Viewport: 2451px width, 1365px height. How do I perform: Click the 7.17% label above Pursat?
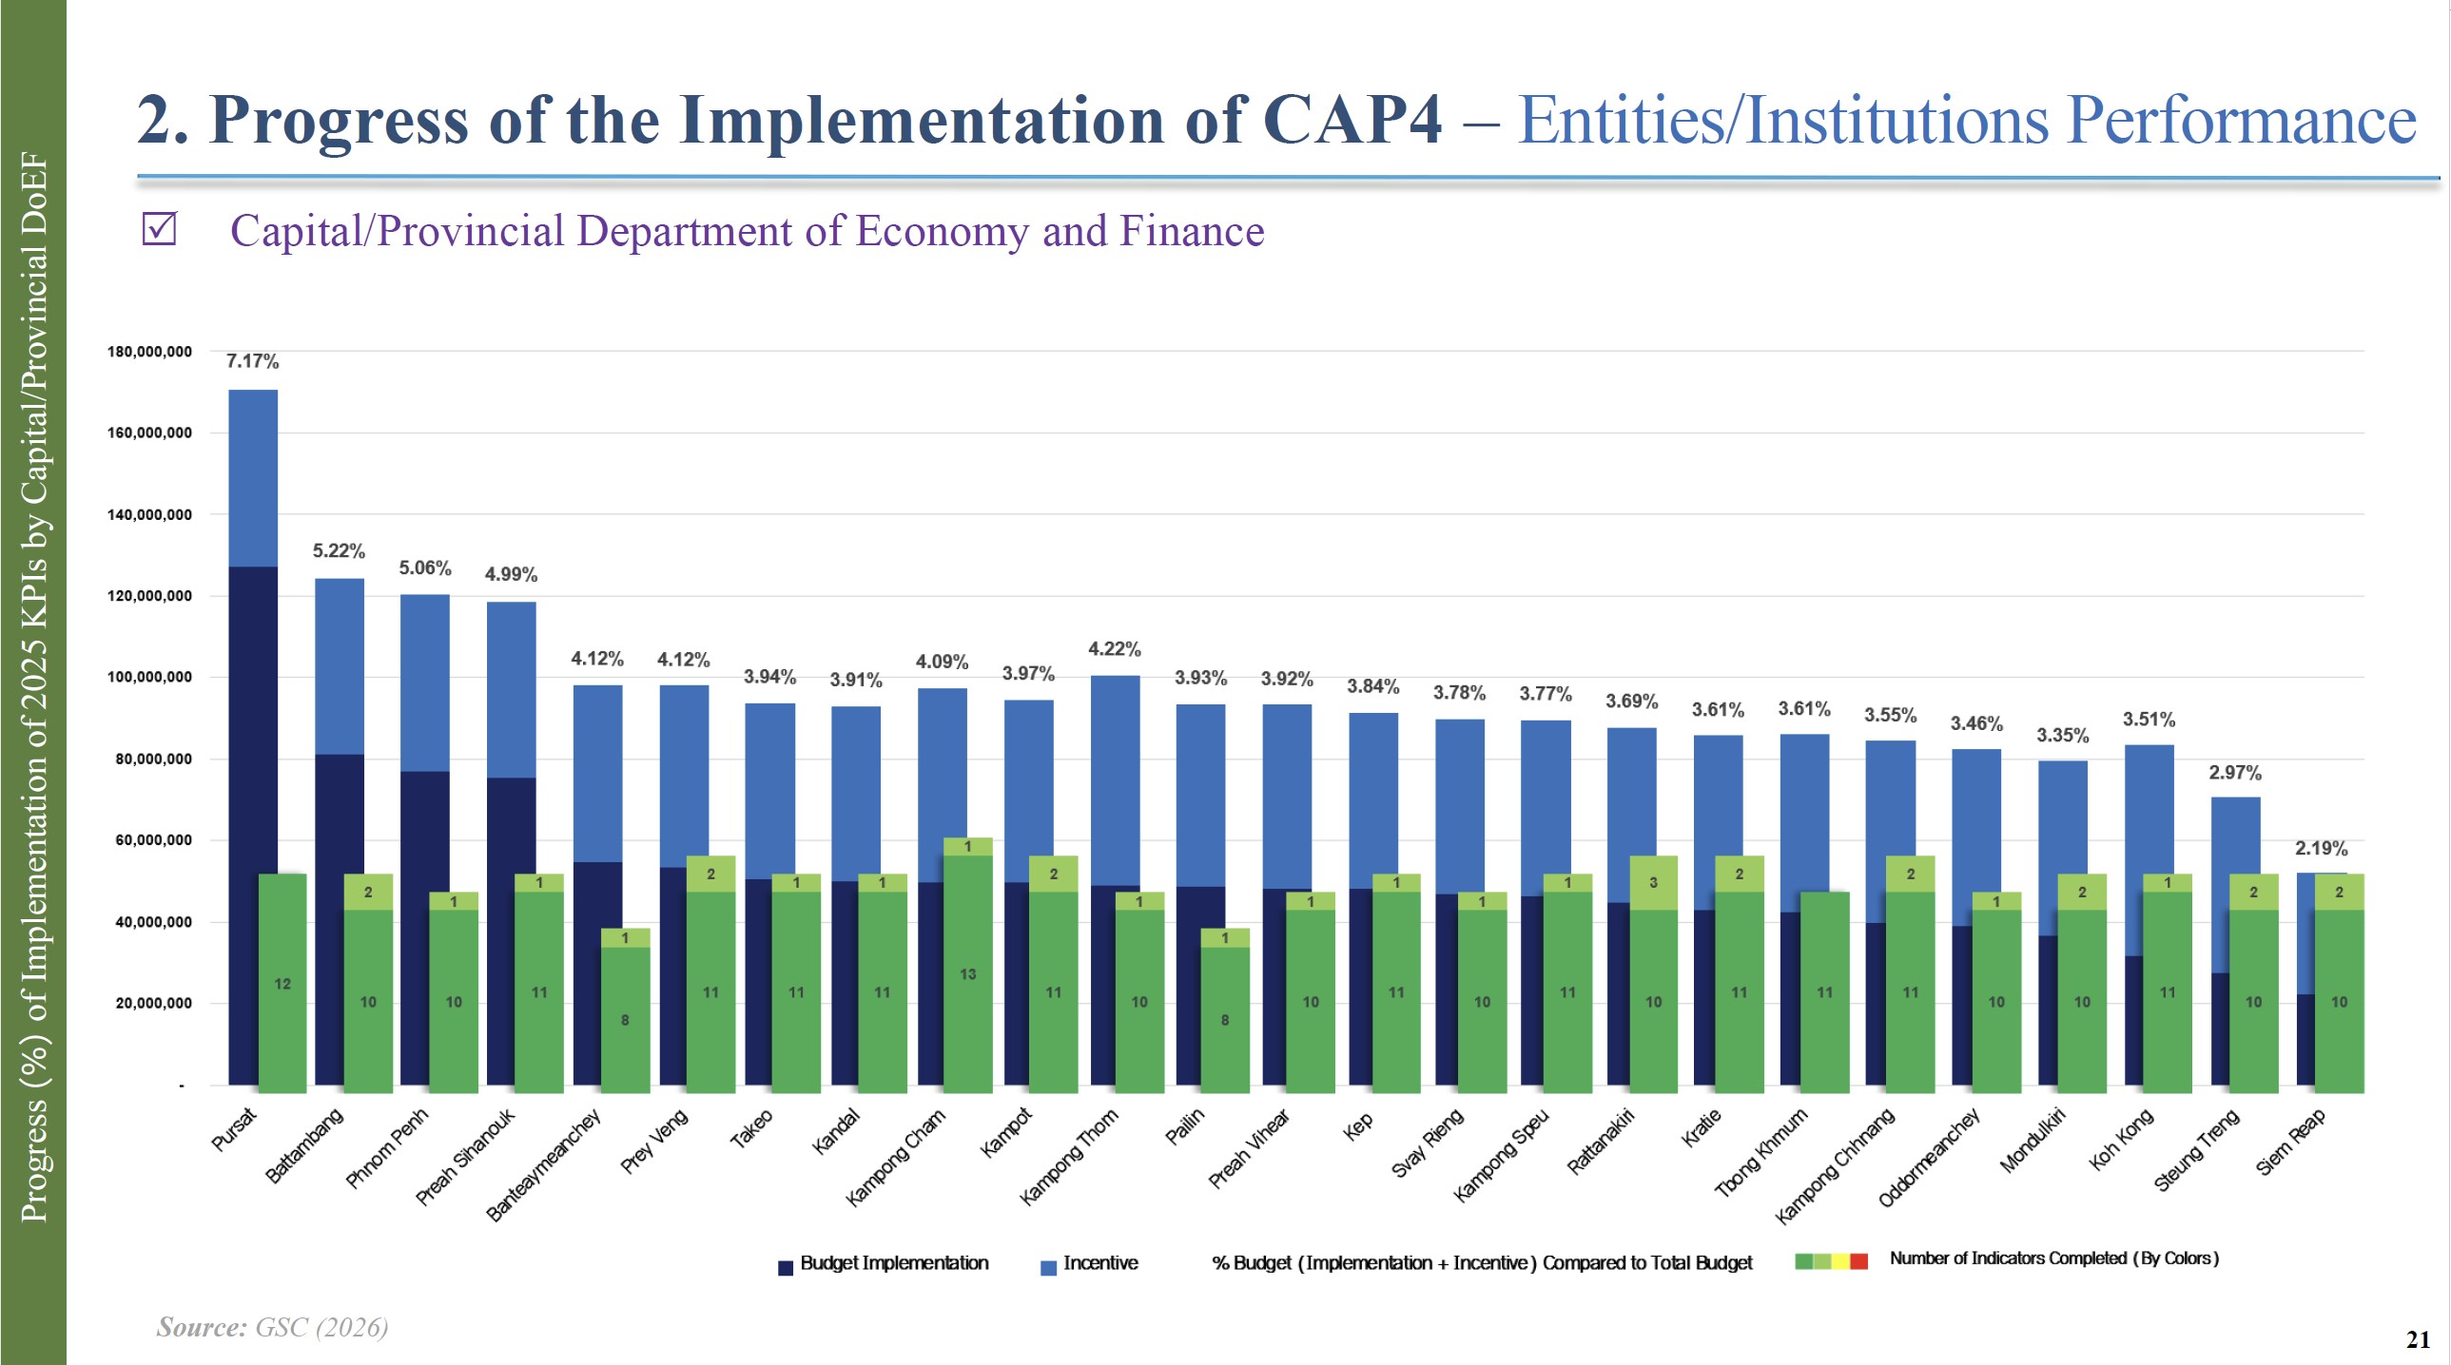252,361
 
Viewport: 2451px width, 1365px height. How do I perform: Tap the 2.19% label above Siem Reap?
2321,849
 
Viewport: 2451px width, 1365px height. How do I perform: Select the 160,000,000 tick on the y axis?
149,433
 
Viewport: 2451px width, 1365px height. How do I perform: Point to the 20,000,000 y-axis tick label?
153,1004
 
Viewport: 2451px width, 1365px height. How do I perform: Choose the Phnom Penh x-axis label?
387,1148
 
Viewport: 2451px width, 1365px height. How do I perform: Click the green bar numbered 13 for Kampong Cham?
967,974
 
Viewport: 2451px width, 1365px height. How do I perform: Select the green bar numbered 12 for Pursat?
282,984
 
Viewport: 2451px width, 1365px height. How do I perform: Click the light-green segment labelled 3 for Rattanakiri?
1653,883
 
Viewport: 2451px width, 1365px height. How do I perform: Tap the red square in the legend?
1858,1261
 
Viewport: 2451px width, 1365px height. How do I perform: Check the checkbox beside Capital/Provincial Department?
159,229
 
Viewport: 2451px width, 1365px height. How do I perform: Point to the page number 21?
2418,1339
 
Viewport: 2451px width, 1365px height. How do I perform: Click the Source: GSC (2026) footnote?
272,1327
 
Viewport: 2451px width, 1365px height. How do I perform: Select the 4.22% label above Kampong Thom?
1114,649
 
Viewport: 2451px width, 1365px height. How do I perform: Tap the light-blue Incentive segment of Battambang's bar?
340,665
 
